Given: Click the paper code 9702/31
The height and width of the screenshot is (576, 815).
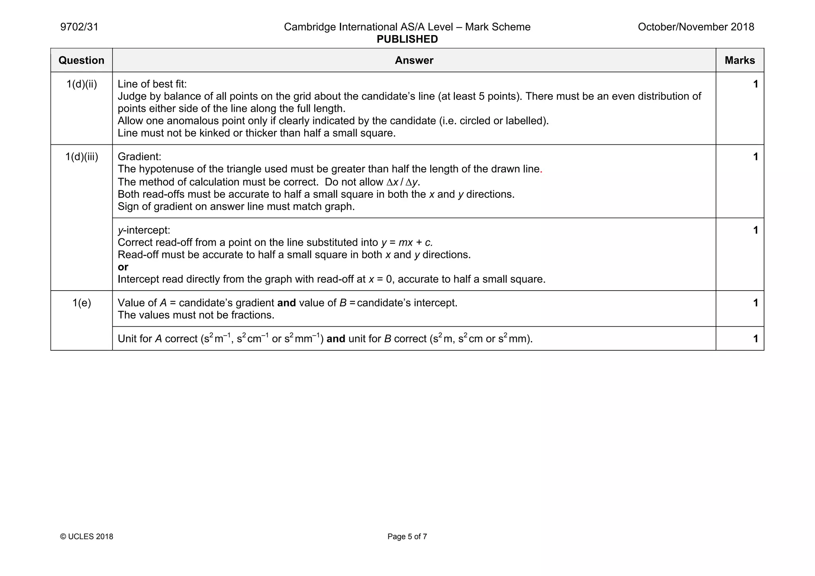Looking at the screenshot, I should tap(79, 27).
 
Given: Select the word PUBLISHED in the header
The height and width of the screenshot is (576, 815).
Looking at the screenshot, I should tap(407, 39).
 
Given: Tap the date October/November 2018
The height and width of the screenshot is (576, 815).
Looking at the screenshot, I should tap(696, 27).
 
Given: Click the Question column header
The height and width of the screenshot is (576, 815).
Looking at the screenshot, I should tap(81, 61).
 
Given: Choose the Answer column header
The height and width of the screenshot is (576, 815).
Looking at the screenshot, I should tap(414, 61).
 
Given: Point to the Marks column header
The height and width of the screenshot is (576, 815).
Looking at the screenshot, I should tap(739, 61).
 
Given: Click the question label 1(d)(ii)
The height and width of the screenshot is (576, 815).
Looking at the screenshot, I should tap(82, 84).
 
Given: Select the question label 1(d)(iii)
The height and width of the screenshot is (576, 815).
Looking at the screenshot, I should tap(82, 157).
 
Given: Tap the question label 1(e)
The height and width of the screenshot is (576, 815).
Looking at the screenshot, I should tap(82, 303).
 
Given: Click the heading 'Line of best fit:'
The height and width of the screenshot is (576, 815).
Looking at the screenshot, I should tap(152, 84).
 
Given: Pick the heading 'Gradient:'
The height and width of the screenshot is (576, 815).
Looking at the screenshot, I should tap(139, 157).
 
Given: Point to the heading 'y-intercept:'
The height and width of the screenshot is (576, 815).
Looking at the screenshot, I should tap(144, 230).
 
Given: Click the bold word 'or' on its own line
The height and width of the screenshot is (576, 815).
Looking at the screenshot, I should tap(123, 267).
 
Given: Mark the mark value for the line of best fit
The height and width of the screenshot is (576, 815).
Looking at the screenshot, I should tap(755, 84).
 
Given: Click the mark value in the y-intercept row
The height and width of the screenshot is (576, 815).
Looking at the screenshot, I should tap(755, 230).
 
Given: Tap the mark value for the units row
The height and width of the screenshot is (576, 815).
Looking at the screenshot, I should tap(755, 339).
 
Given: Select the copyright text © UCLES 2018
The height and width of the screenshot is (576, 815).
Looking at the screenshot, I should tap(86, 537).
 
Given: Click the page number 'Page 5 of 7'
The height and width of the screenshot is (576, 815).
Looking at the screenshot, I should tap(407, 537).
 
